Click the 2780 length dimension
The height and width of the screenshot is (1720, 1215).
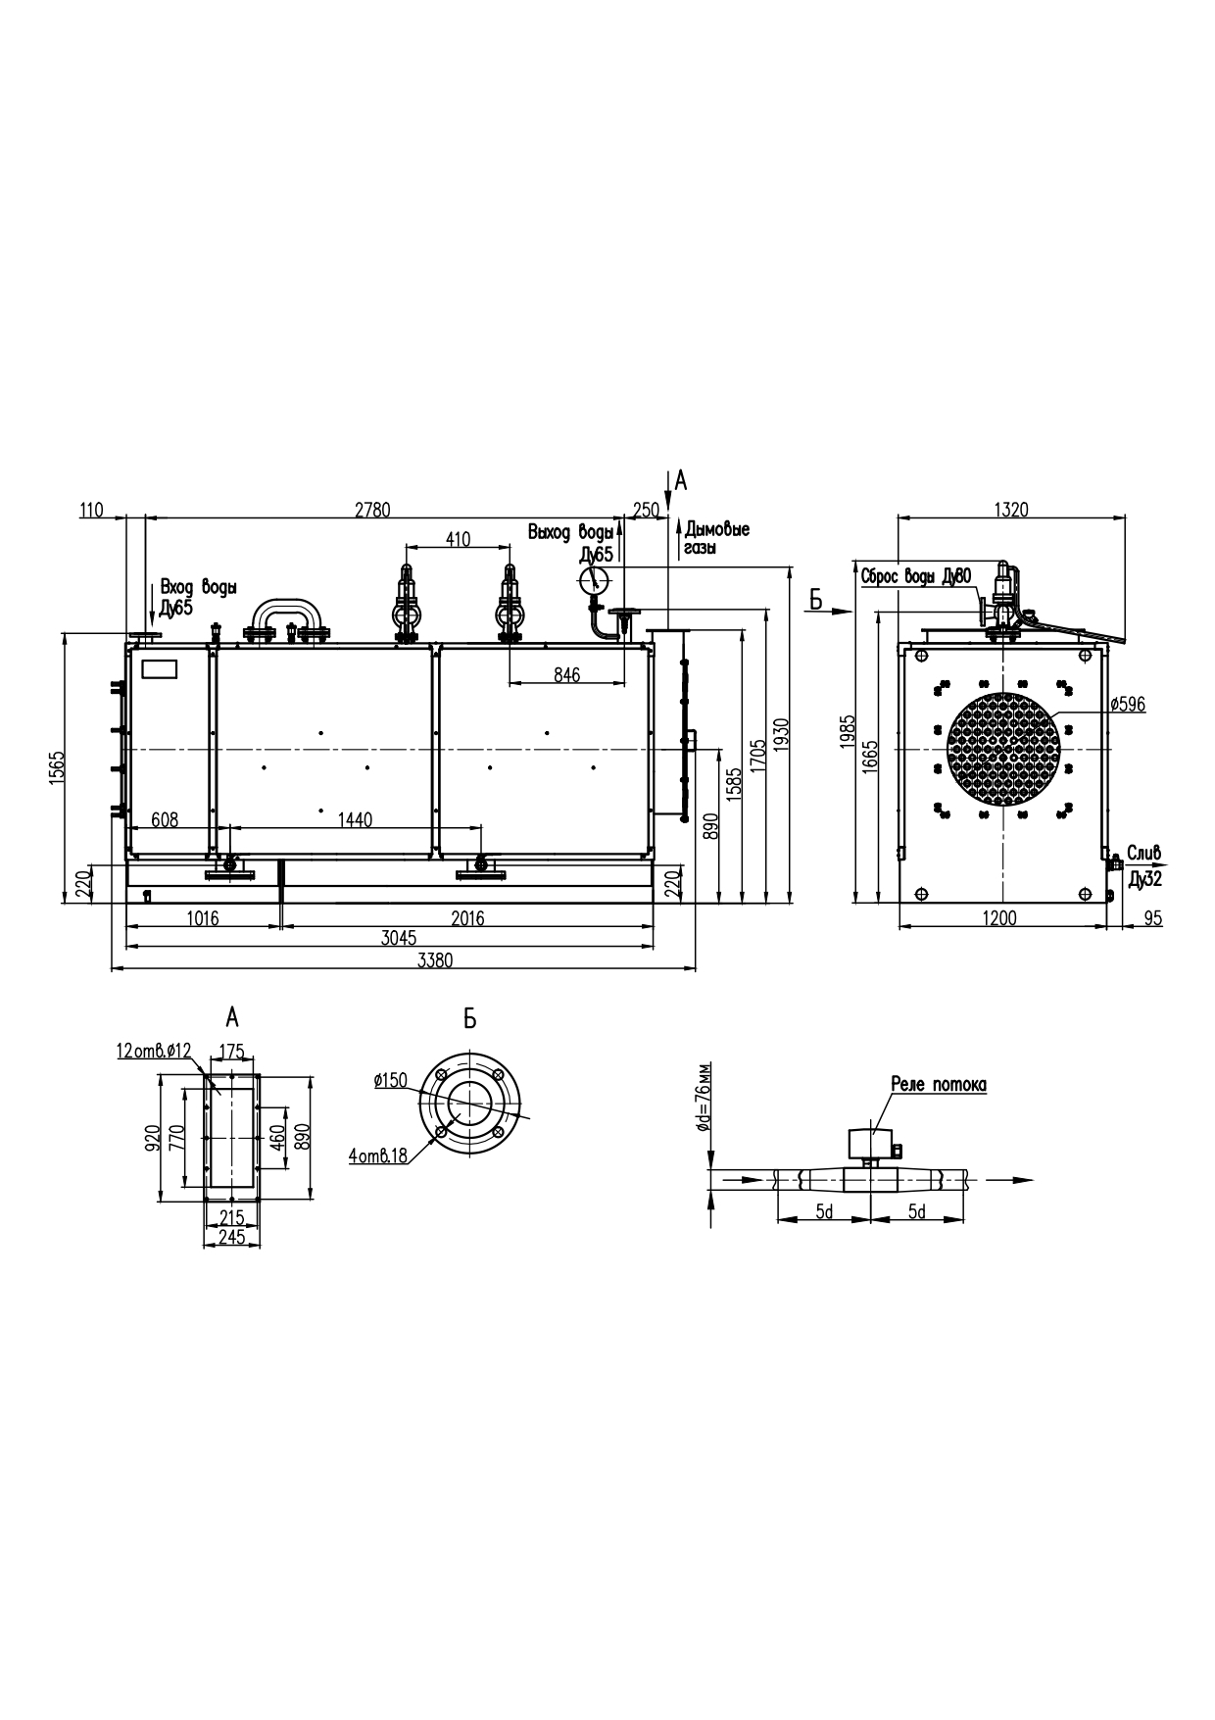tap(373, 509)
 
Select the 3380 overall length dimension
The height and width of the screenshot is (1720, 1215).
tap(435, 960)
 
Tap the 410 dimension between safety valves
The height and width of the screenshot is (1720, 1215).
tap(458, 538)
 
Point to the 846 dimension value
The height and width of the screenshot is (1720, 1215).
tap(566, 674)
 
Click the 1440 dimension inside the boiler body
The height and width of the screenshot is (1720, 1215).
tap(355, 819)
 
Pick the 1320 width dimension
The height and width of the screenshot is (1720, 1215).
tap(1011, 509)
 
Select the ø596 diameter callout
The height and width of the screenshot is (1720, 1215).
tap(1128, 704)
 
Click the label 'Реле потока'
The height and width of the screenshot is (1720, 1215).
tap(938, 1085)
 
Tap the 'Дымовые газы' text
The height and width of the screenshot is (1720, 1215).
tap(717, 538)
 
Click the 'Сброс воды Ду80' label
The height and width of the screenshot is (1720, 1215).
tap(916, 576)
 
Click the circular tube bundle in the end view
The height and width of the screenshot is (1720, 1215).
tap(1003, 749)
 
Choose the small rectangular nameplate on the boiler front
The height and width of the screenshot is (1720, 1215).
tap(160, 669)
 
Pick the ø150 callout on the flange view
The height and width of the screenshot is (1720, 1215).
tap(390, 1080)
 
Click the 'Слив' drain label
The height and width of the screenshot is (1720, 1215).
tap(1143, 851)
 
